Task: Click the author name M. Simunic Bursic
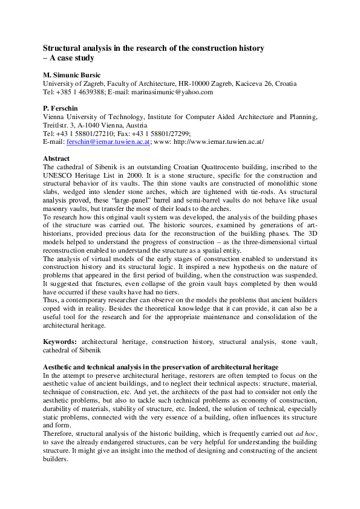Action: point(71,75)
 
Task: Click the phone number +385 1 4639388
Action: point(79,92)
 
